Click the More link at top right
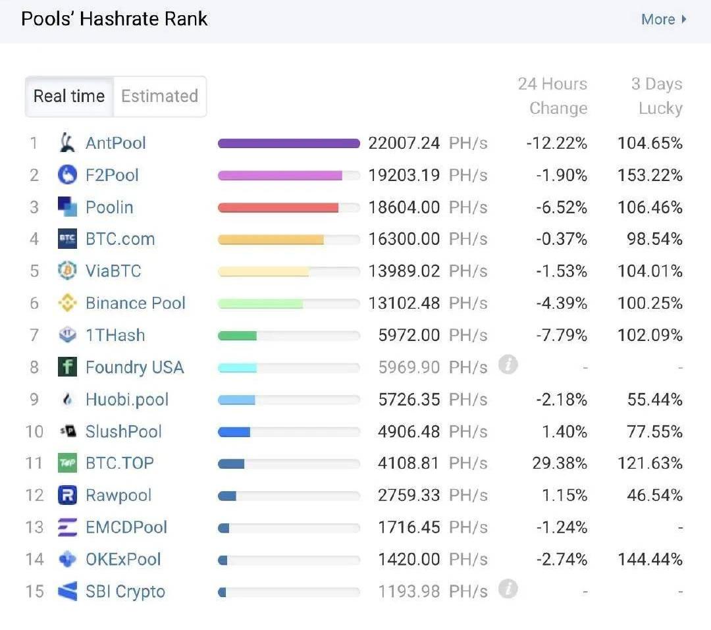663,19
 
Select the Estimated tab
159,96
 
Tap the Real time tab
69,96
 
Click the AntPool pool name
116,143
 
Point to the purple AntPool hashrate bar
288,144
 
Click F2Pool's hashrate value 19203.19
404,175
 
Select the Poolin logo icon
68,207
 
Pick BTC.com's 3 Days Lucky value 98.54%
654,239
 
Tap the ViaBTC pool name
113,271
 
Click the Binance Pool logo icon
68,303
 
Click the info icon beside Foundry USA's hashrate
508,364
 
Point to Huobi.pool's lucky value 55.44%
654,400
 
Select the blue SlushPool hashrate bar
234,432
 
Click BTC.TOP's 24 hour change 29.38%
559,463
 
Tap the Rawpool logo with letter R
68,495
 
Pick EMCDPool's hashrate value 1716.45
408,527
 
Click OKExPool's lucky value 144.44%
650,560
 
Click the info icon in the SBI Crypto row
508,589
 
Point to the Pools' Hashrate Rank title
115,18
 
